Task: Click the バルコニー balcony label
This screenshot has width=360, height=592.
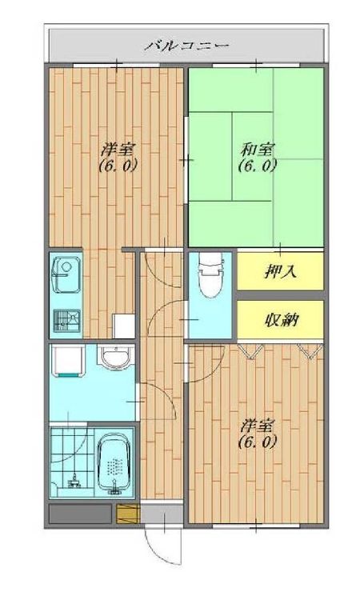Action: (x=186, y=46)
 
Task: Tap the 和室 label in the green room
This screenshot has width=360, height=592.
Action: (x=257, y=150)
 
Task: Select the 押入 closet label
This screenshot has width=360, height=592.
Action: (x=280, y=271)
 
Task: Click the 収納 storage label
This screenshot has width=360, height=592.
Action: (x=281, y=321)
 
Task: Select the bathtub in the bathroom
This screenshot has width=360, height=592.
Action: (x=115, y=464)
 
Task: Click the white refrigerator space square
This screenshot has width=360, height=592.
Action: (x=123, y=326)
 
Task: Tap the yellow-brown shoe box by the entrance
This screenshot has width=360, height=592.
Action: (x=128, y=514)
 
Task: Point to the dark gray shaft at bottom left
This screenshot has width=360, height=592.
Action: (x=80, y=514)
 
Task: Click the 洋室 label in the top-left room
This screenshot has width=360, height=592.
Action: (x=118, y=150)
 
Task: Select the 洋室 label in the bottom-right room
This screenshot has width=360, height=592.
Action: (x=257, y=426)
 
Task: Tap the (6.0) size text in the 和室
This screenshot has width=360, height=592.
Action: (x=258, y=166)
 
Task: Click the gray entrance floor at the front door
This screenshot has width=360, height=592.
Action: (x=162, y=514)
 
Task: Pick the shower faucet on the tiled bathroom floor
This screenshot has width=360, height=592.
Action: (x=74, y=480)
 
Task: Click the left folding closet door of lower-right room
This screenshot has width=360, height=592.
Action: (x=250, y=351)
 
